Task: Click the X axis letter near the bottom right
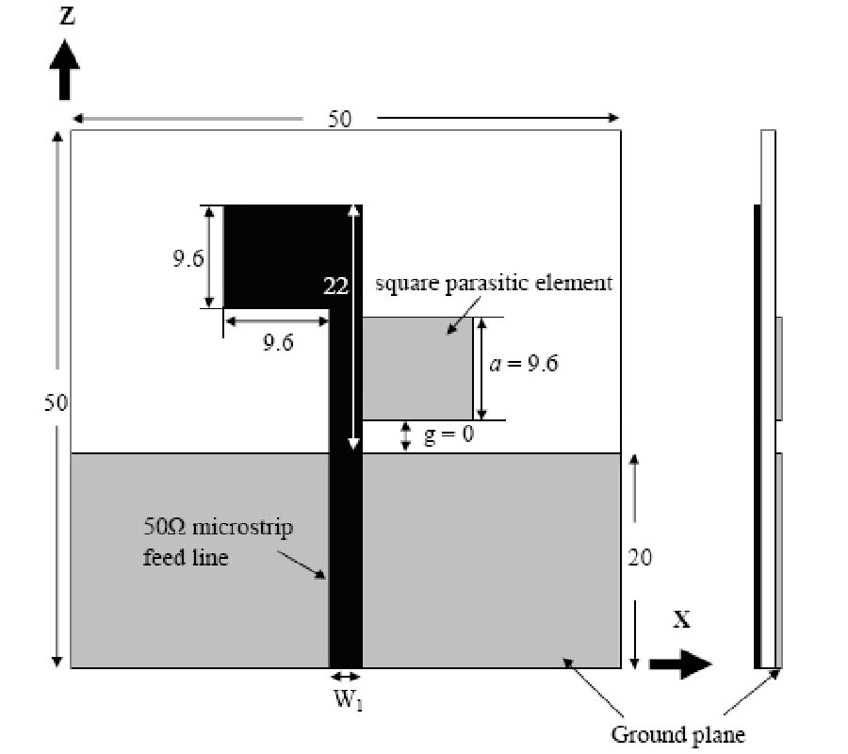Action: click(681, 620)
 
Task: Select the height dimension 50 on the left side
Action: click(56, 403)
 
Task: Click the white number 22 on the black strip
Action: click(336, 287)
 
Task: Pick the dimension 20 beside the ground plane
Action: click(639, 558)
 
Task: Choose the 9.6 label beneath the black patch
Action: click(277, 342)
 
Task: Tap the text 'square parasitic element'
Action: click(494, 283)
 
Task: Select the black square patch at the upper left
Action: click(273, 254)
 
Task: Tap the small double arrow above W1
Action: click(346, 677)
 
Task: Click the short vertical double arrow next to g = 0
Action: click(406, 436)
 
